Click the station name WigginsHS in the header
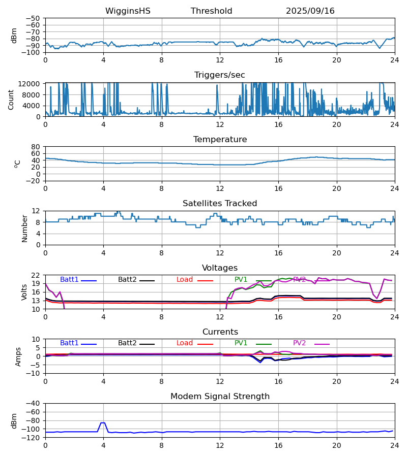pos(128,11)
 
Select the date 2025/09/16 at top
pos(310,11)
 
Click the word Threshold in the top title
pos(211,11)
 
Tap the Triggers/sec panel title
pos(220,75)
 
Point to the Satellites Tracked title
pos(220,204)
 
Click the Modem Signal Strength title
pos(220,397)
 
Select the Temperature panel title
pos(220,140)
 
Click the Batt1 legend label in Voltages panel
pos(69,280)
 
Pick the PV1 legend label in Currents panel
pos(241,343)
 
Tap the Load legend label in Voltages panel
pos(185,280)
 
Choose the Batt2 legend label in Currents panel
pos(127,343)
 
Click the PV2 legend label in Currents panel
pos(299,343)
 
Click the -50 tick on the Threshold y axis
pos(35,18)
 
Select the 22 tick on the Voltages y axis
pos(36,275)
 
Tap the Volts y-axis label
pos(24,292)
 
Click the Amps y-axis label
pos(19,356)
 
